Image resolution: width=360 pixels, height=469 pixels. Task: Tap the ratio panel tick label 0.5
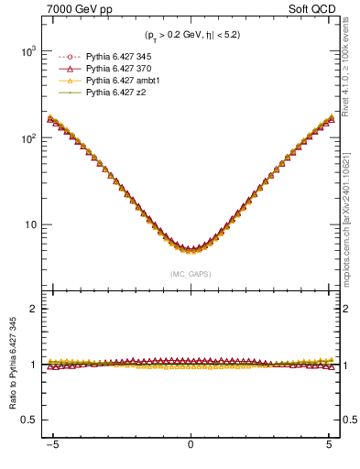(x=27, y=420)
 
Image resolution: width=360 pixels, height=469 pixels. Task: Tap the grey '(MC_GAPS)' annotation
(x=190, y=273)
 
